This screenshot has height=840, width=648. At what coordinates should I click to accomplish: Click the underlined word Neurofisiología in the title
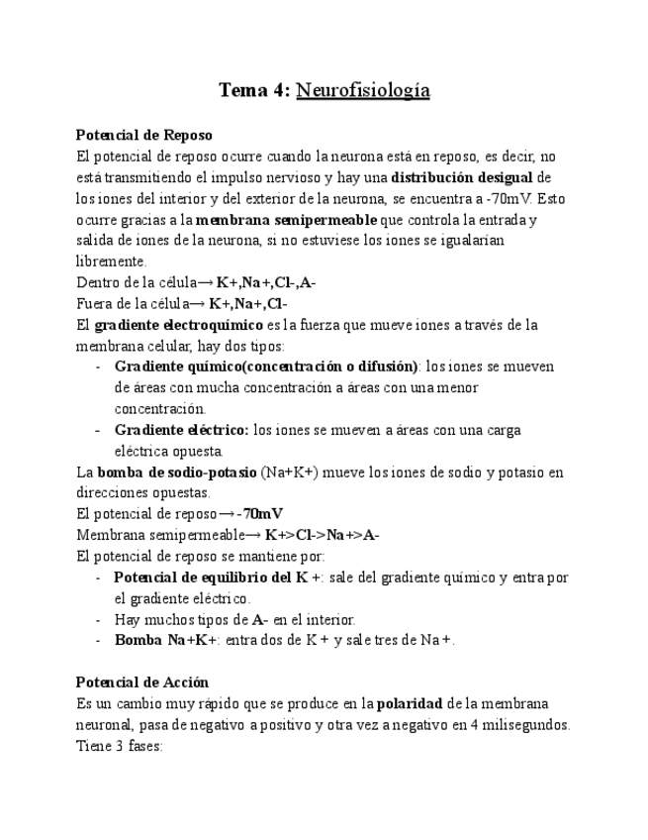point(363,91)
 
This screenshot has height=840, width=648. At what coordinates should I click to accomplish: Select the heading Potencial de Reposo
point(143,134)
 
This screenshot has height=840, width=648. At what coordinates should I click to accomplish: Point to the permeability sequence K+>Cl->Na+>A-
point(323,535)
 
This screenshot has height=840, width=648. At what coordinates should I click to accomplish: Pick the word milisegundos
point(522,724)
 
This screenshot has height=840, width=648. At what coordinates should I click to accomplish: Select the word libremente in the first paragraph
point(112,262)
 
